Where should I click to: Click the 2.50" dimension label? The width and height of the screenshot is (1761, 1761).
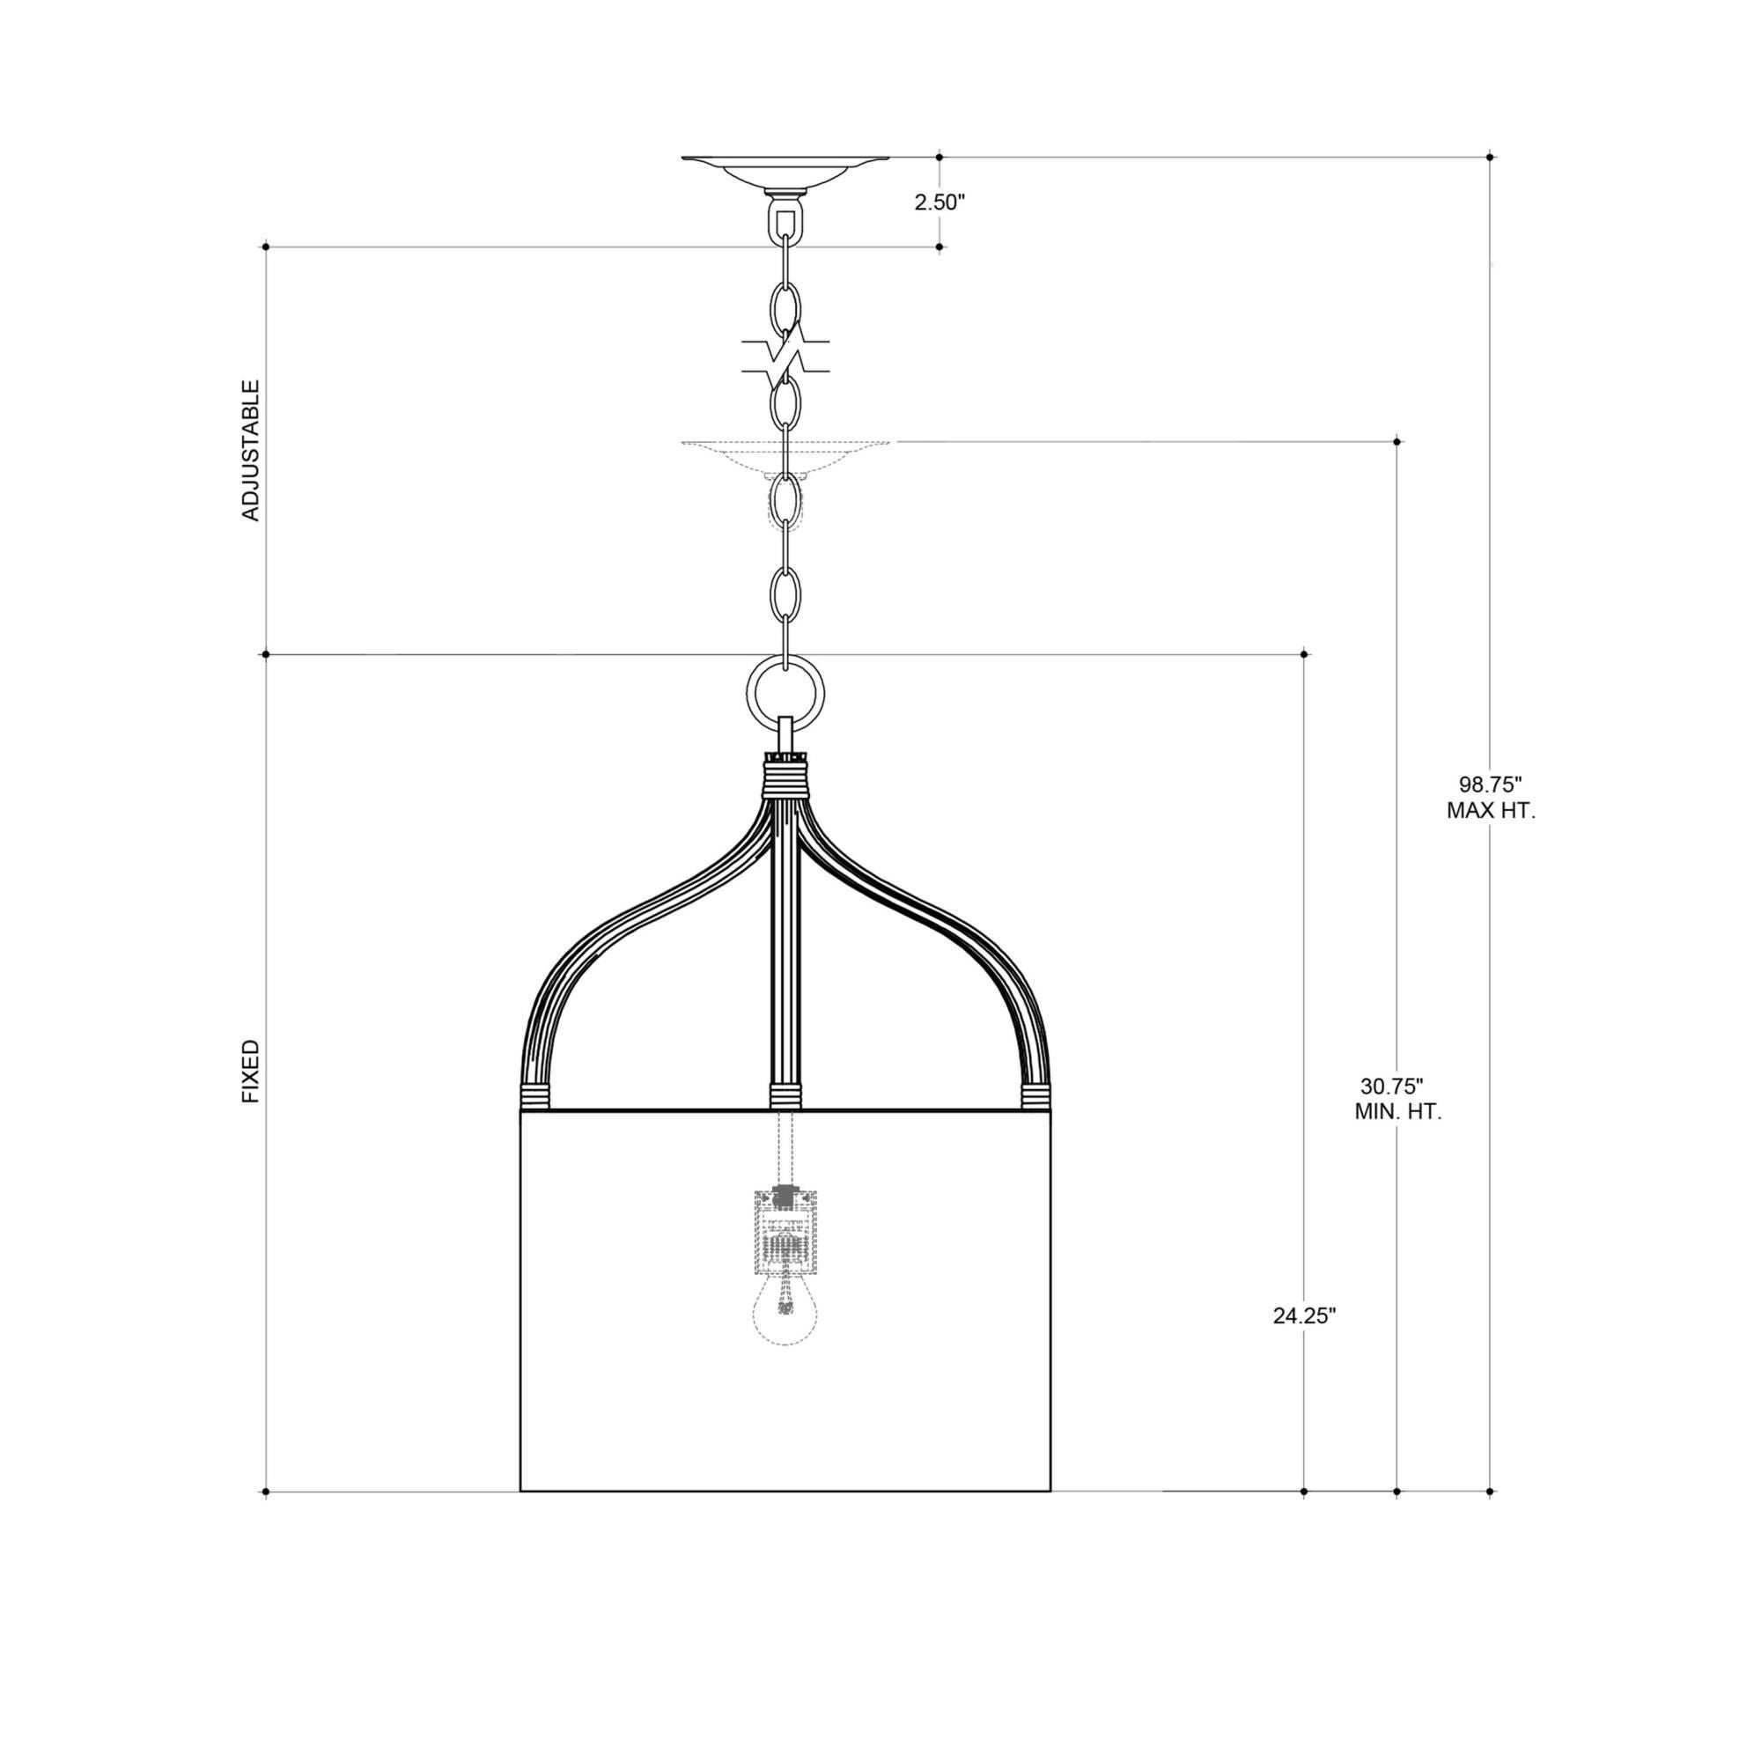(939, 203)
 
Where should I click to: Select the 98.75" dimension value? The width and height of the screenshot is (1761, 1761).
(1491, 784)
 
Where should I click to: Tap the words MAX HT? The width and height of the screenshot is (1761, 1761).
(1492, 810)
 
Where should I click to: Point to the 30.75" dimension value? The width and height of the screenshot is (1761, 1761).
(1392, 1086)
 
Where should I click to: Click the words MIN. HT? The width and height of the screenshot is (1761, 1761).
(1397, 1112)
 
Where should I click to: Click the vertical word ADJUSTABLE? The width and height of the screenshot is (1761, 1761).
(251, 450)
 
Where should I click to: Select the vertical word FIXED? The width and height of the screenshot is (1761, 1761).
(251, 1071)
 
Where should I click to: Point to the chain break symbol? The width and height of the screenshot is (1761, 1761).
(785, 357)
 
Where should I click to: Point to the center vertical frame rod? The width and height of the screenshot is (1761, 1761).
(785, 948)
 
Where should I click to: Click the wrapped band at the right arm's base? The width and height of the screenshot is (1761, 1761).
(1035, 1096)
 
